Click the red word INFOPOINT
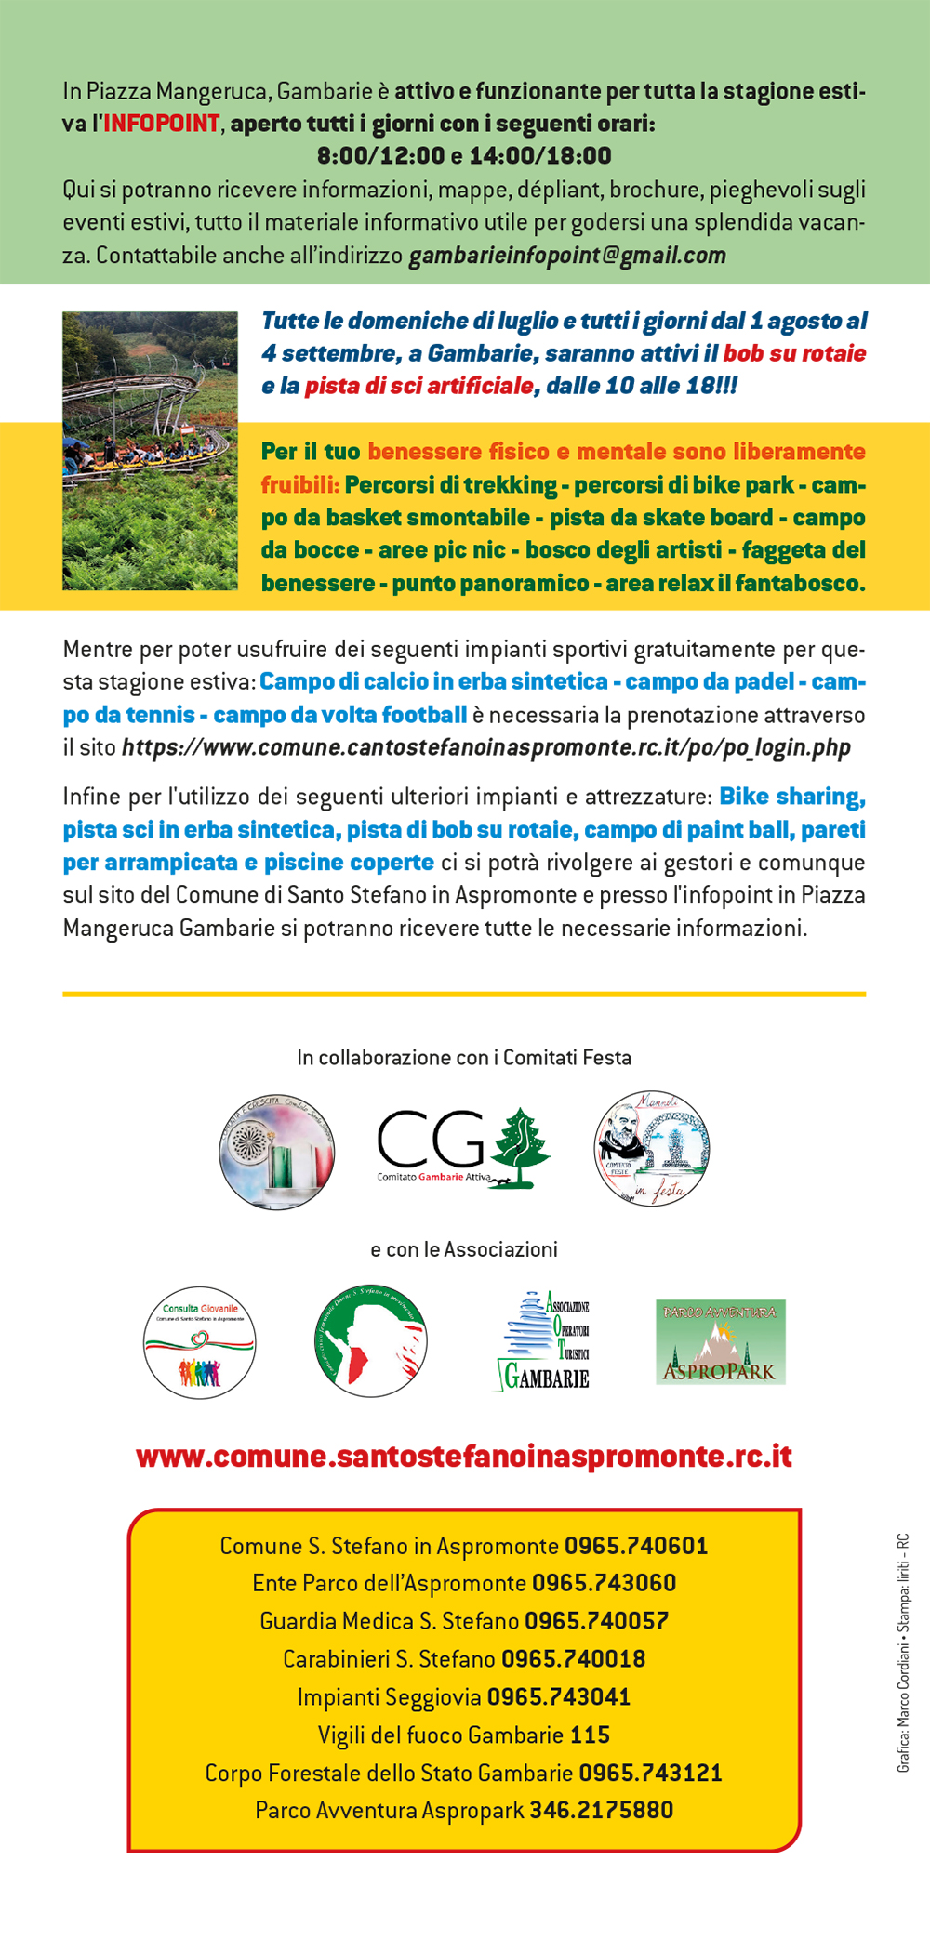pos(162,124)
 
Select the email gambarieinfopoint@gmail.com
pos(567,256)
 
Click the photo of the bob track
pos(150,451)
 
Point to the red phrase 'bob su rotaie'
pos(794,354)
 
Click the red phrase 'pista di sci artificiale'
pos(419,387)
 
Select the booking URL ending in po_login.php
pos(485,748)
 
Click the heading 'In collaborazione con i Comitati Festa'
pos(464,1058)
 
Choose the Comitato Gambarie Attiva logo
pos(463,1149)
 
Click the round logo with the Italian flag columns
pos(277,1152)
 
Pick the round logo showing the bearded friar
pos(651,1149)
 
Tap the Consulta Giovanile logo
pos(199,1342)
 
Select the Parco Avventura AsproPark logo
pos(721,1342)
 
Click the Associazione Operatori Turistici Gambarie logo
pos(544,1341)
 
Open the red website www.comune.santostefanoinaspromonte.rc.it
pos(464,1456)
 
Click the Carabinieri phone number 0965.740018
pos(573,1659)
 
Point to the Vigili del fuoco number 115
pos(590,1735)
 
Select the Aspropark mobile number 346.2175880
pos(601,1811)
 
